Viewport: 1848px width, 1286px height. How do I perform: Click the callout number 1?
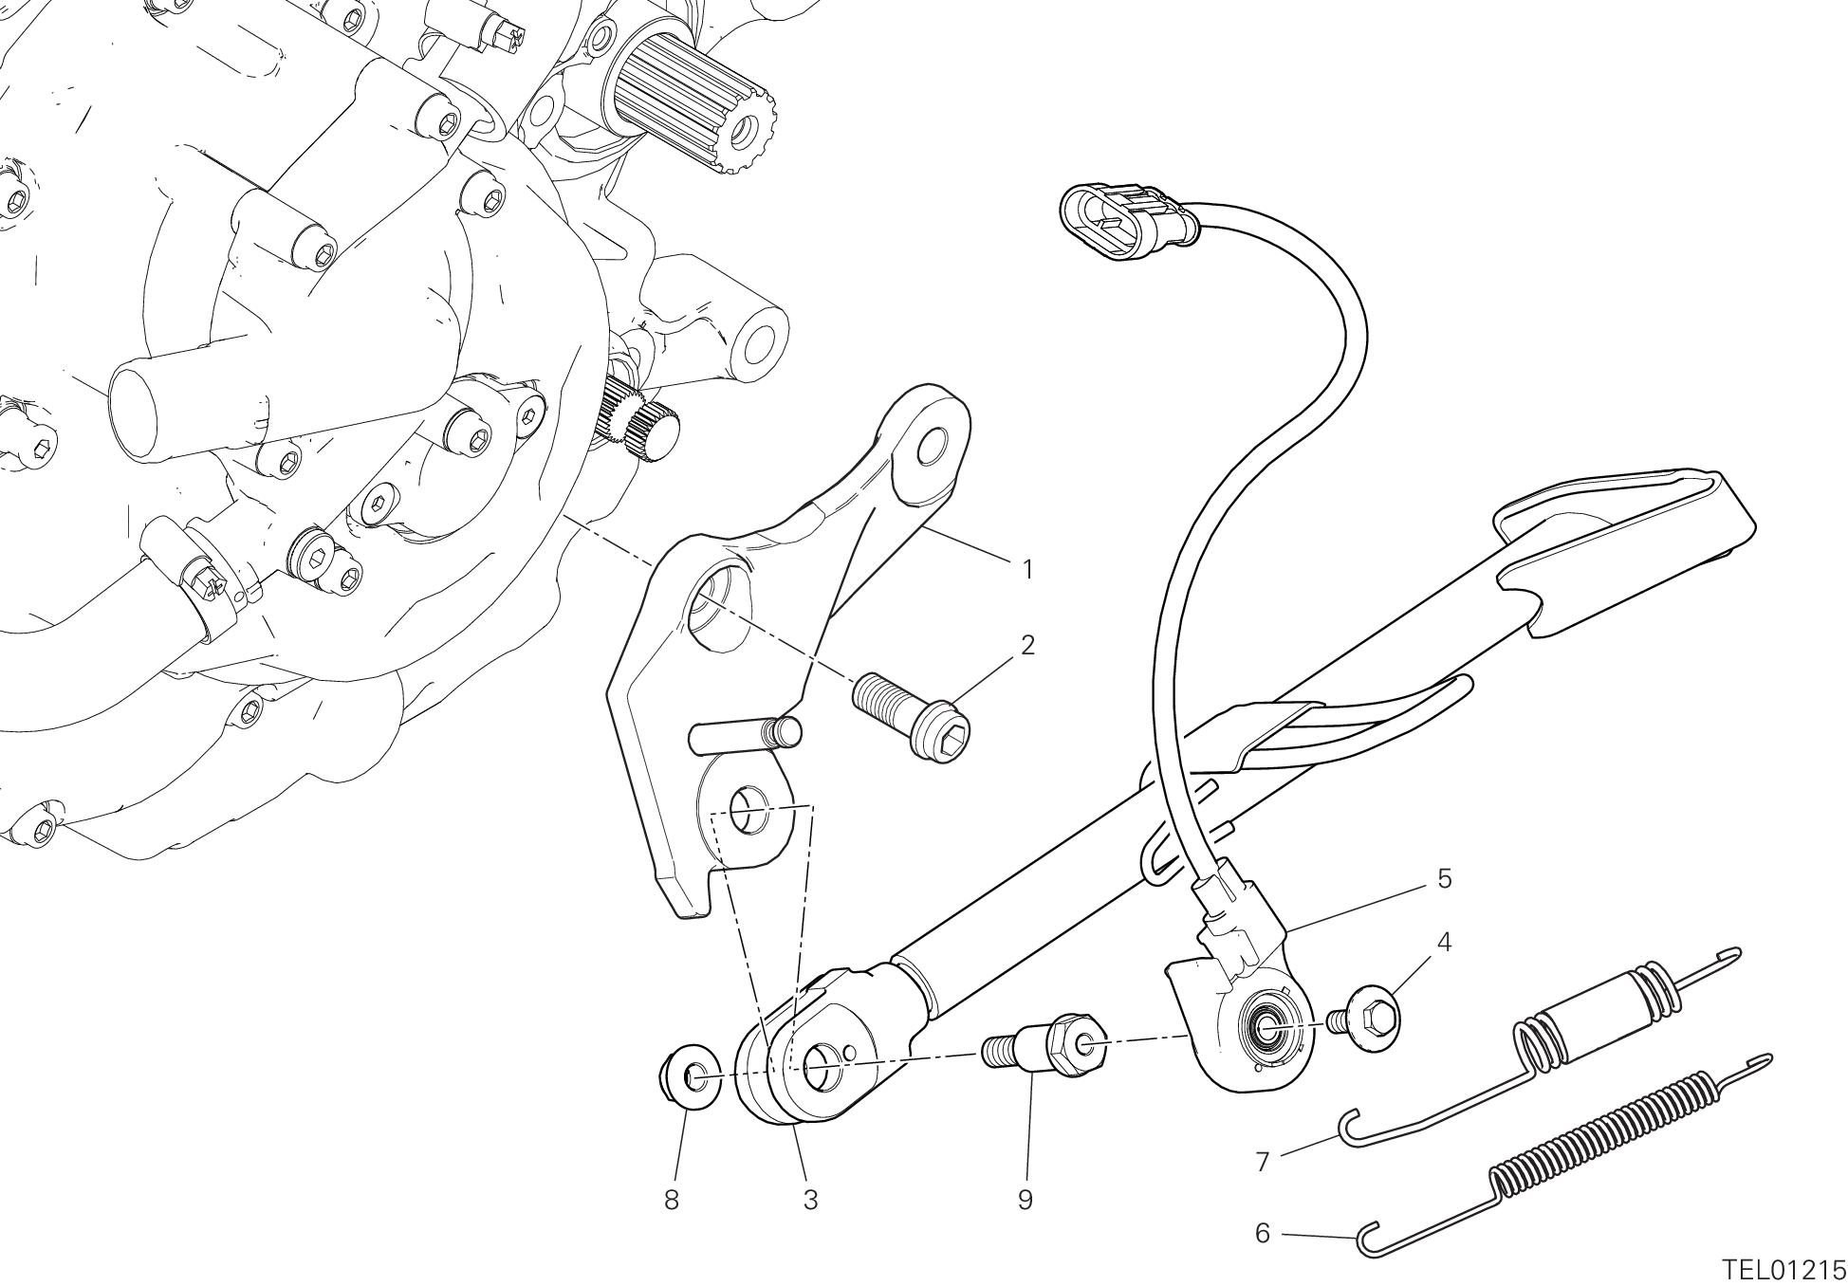click(x=1026, y=570)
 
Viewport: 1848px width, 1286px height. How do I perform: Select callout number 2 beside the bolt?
click(x=1026, y=646)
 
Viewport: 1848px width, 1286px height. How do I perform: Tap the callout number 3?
click(x=810, y=1201)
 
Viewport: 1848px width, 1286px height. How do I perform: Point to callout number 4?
click(x=1444, y=943)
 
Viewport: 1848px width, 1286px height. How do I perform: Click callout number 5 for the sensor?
click(x=1444, y=878)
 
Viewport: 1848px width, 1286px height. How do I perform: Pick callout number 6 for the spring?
click(x=1262, y=1234)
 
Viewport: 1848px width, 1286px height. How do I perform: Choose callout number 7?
click(x=1262, y=1162)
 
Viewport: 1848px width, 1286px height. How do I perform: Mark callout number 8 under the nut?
click(x=672, y=1201)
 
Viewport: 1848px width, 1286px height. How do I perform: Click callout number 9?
click(x=1025, y=1201)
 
